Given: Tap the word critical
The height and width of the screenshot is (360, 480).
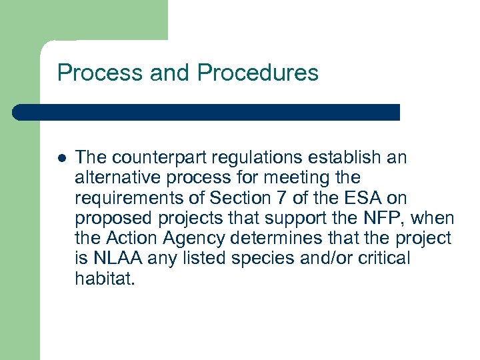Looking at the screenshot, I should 385,258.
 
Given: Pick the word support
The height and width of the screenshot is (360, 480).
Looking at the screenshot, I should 309,218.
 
